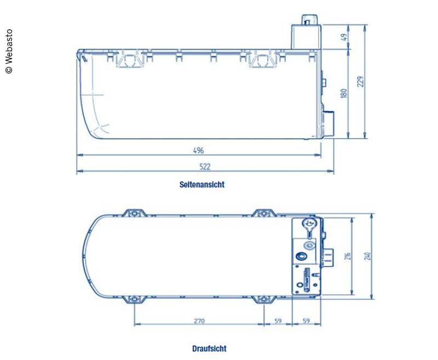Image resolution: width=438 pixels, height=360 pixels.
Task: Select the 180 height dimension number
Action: click(x=344, y=93)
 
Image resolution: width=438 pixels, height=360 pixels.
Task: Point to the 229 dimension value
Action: click(x=360, y=81)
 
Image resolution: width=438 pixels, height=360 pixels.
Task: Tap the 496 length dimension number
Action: click(x=198, y=151)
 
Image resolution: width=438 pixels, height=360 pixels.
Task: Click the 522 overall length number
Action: click(x=205, y=166)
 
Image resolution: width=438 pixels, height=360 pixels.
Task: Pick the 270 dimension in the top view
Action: click(x=199, y=321)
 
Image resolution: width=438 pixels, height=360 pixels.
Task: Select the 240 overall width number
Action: click(x=367, y=256)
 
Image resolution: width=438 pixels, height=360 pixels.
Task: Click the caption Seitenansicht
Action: click(x=202, y=185)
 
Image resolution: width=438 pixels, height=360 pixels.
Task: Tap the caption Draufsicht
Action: click(x=209, y=348)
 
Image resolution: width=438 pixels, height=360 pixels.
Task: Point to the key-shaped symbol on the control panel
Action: click(x=309, y=225)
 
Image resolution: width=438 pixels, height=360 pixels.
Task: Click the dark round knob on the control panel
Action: click(x=301, y=256)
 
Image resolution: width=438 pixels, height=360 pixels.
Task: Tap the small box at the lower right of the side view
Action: click(x=328, y=124)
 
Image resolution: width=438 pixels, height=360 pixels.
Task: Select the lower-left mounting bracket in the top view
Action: click(x=133, y=299)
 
